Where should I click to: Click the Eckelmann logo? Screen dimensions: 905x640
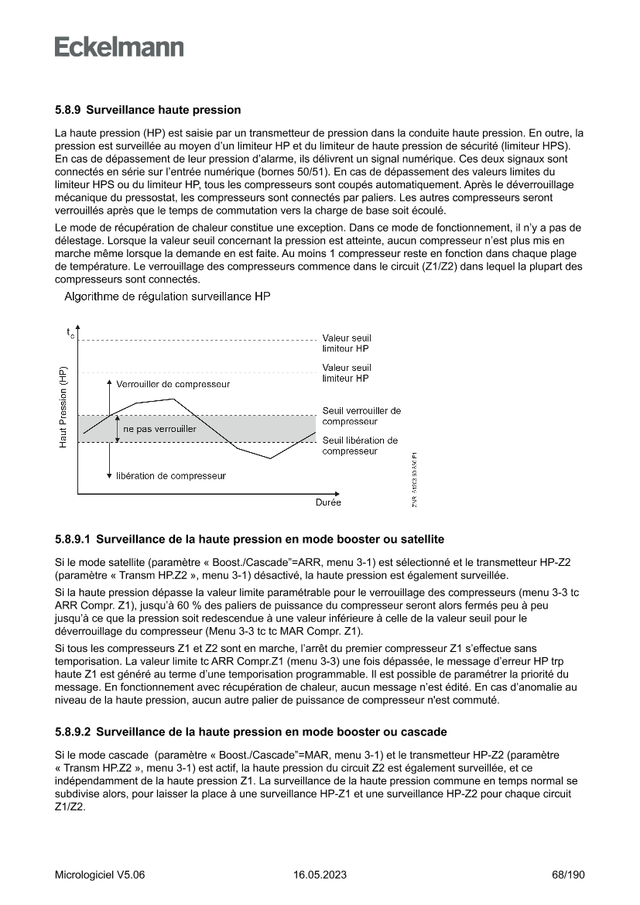[119, 47]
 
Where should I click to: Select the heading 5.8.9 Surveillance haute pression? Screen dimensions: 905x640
[148, 110]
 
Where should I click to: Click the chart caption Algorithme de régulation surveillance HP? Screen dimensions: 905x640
[166, 296]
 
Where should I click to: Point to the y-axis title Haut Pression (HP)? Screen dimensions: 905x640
[63, 406]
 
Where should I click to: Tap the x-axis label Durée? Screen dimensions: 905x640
[327, 502]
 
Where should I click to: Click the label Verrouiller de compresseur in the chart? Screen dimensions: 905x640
[173, 384]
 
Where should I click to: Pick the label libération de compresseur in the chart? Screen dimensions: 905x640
[171, 476]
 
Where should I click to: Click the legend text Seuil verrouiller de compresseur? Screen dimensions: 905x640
[361, 416]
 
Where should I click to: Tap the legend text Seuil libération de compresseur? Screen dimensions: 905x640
[360, 445]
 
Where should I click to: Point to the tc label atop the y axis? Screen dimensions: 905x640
[70, 334]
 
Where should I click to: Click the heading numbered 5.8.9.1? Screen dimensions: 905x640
[249, 539]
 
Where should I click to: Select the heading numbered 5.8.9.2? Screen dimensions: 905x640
[250, 732]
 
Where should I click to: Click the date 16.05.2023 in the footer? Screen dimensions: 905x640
[320, 875]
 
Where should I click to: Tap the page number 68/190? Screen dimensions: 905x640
[568, 875]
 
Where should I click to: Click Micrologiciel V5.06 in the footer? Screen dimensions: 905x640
[100, 875]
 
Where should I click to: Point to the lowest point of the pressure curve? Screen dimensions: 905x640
[270, 458]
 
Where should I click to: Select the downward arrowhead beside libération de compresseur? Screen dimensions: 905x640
[109, 475]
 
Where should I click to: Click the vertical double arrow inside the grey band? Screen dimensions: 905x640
[118, 428]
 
